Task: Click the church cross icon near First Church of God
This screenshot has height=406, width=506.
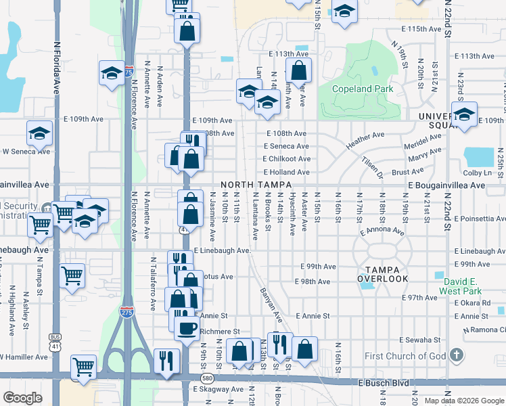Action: pyautogui.click(x=457, y=355)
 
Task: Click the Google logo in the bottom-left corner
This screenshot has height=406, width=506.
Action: pyautogui.click(x=22, y=398)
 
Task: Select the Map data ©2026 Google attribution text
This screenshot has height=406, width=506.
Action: pyautogui.click(x=465, y=401)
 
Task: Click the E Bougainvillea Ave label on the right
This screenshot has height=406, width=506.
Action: pyautogui.click(x=446, y=185)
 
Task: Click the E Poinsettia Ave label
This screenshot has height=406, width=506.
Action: pyautogui.click(x=480, y=219)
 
